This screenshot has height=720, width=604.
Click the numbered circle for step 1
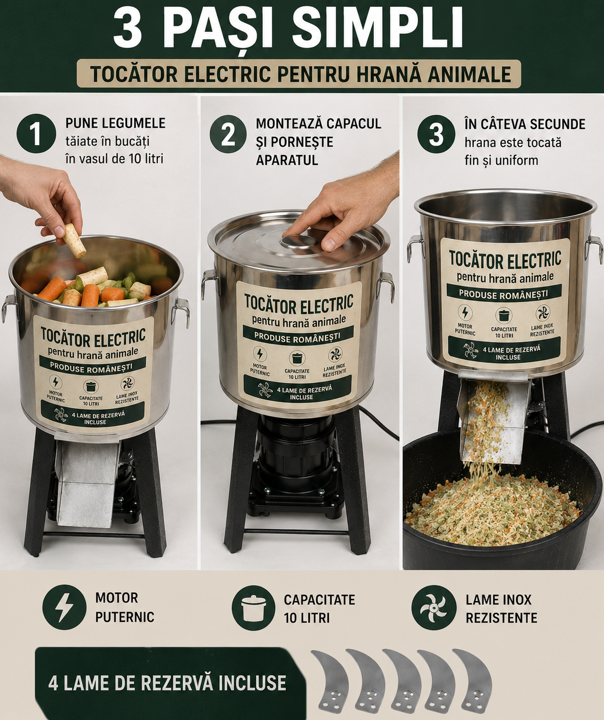point(36,134)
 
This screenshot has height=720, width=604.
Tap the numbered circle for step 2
point(228,134)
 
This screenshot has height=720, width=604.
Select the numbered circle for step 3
point(436,134)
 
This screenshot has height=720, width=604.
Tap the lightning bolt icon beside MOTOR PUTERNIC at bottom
point(64,607)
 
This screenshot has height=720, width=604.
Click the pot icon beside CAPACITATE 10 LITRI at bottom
point(253,607)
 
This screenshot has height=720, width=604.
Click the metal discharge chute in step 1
point(86,483)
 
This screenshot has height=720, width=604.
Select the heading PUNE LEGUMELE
point(116,123)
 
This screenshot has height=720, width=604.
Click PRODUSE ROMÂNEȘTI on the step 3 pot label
point(504,294)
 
